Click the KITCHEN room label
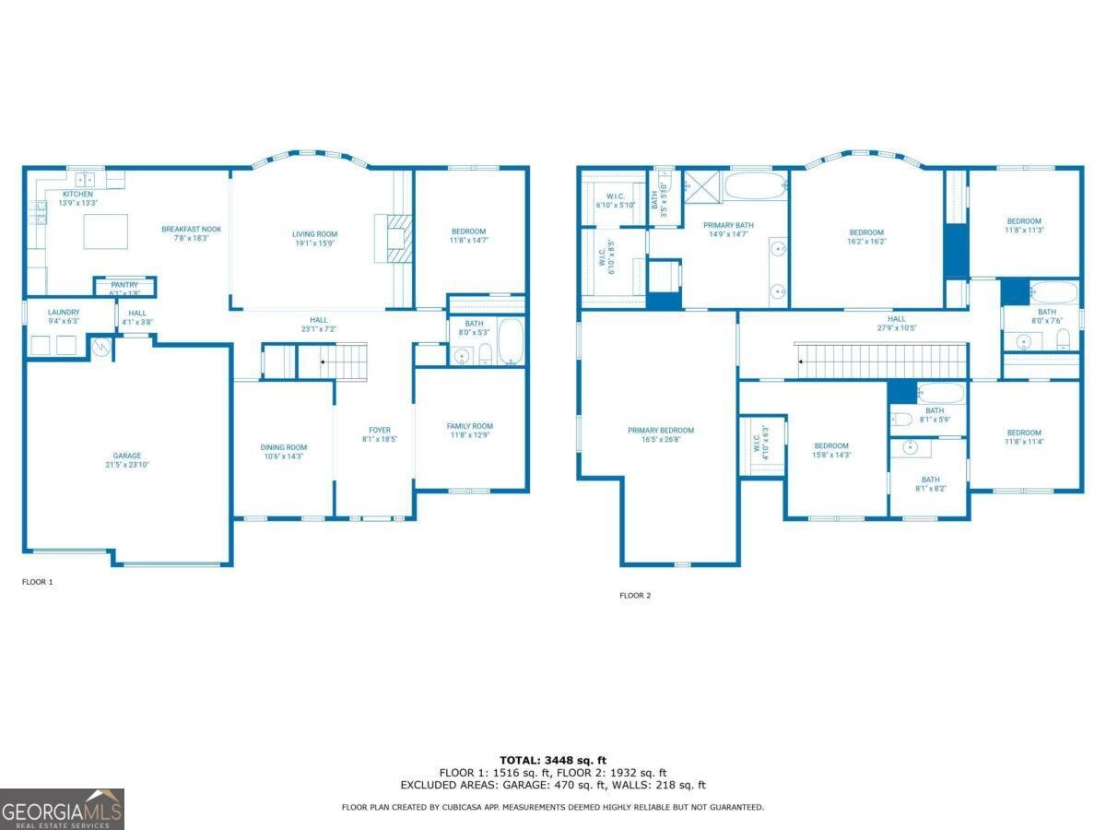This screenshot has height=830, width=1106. pos(77,195)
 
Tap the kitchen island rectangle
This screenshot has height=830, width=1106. pos(105,231)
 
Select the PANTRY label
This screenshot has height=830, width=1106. pos(124,285)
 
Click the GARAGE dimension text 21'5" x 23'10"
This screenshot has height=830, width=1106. pos(127,466)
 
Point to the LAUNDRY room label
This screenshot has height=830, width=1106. pos(64,313)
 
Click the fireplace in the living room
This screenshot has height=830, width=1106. pos(390,238)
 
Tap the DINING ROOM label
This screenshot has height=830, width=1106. pos(283,447)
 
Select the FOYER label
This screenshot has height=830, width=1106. pos(379,430)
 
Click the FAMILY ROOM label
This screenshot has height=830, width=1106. pos(469,426)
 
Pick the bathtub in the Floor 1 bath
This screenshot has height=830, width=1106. pos(510,342)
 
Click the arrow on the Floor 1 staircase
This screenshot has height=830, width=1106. pos(323,362)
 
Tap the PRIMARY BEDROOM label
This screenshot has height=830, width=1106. pos(661,431)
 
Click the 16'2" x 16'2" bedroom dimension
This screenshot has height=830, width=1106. pos(866,242)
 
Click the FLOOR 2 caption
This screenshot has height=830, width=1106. pos(635,596)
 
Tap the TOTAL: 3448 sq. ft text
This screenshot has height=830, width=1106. pos(553,760)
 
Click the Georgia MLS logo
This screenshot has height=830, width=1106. pos(62,809)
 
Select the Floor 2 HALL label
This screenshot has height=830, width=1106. pos(897,318)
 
